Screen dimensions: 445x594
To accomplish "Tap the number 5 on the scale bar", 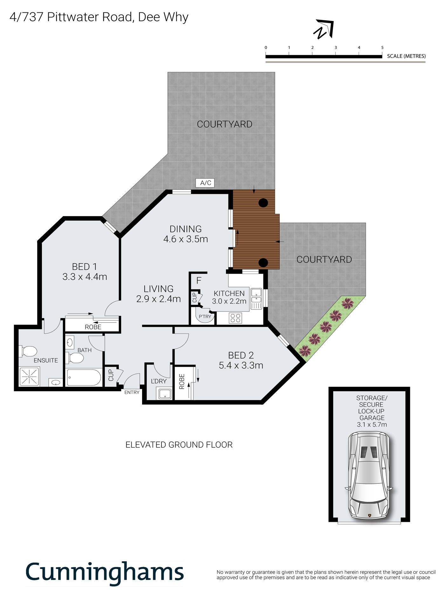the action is [x=382, y=48].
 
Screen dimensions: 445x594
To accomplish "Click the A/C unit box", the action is [x=206, y=183].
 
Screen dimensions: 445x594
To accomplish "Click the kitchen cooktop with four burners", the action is [x=236, y=318].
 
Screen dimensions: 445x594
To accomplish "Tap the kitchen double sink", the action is [x=256, y=298].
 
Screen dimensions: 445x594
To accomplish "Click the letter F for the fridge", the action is [x=199, y=281].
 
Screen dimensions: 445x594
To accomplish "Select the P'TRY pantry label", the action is [x=205, y=317].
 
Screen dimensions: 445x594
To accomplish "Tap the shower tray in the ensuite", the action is [x=29, y=377].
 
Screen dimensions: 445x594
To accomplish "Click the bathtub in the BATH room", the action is [x=84, y=377].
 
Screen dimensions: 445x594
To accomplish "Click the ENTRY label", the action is [x=132, y=392].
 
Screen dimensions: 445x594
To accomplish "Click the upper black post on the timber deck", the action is [x=263, y=203].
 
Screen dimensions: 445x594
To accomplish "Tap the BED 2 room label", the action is [x=241, y=355].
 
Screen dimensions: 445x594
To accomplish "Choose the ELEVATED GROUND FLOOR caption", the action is [x=179, y=445].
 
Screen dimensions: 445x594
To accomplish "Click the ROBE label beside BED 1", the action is [x=93, y=327].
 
